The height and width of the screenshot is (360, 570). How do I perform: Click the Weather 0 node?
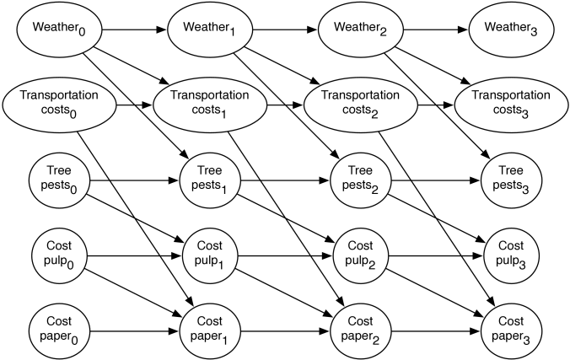(x=59, y=30)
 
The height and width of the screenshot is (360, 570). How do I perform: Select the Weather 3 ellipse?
(x=512, y=30)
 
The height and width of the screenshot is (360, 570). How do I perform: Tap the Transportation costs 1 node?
(x=210, y=105)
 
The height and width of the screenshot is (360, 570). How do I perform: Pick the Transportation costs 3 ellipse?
(x=511, y=105)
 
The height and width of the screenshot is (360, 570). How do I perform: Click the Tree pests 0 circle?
(x=59, y=180)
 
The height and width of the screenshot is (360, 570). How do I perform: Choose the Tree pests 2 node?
(x=361, y=180)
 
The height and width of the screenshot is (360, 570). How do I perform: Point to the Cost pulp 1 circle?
(x=210, y=256)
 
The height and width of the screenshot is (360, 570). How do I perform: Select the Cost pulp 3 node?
(x=512, y=256)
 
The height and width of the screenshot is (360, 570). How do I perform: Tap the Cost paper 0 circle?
(x=59, y=331)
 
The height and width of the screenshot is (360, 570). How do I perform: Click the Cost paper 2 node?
(x=361, y=331)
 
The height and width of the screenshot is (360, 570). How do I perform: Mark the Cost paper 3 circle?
(x=512, y=331)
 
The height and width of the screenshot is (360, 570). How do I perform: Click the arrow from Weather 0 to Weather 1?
(x=135, y=30)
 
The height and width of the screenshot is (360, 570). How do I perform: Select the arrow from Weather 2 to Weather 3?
(x=436, y=30)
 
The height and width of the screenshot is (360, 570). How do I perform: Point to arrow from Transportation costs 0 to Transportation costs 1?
(x=135, y=105)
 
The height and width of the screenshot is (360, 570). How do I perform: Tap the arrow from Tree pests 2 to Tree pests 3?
(x=436, y=180)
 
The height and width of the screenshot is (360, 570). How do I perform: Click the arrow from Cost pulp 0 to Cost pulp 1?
(x=135, y=256)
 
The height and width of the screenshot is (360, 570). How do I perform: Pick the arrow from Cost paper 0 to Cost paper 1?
(x=135, y=331)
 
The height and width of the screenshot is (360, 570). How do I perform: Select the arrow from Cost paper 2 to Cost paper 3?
(x=436, y=331)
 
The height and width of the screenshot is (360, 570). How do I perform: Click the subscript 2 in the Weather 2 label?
(x=383, y=32)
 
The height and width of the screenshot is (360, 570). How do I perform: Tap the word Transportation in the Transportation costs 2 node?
(x=360, y=95)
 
